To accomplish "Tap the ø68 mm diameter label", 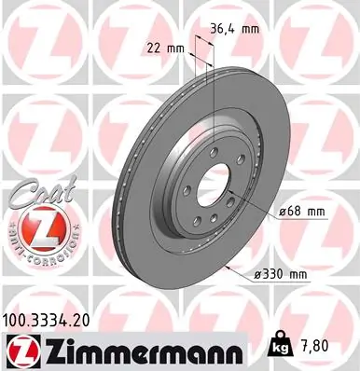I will (301, 213).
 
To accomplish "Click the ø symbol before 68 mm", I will (284, 213).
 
